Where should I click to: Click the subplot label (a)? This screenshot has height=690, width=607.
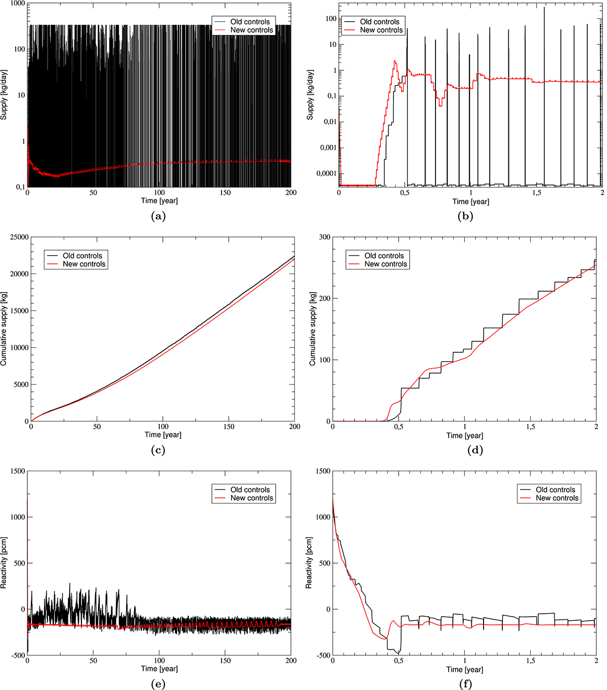[x=158, y=216]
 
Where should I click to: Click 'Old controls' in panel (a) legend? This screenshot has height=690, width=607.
[x=250, y=22]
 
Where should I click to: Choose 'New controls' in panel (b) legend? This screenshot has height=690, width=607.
[x=381, y=30]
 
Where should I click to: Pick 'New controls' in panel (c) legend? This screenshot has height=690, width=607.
[x=84, y=264]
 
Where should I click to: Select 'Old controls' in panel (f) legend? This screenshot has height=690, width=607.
[x=555, y=489]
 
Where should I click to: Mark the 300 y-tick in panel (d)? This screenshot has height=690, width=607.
[x=324, y=237]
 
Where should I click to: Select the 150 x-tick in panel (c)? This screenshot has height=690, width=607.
[x=229, y=427]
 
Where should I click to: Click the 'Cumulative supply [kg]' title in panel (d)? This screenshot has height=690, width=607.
[x=312, y=329]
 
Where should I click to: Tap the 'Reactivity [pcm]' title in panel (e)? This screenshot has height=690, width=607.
[x=4, y=563]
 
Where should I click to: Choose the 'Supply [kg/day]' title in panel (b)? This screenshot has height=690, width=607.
[x=310, y=95]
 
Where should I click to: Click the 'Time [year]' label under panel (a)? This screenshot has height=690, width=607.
[x=159, y=201]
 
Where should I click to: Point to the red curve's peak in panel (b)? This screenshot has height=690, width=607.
[x=396, y=61]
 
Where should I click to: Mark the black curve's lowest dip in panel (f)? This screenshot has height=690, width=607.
[x=399, y=654]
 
